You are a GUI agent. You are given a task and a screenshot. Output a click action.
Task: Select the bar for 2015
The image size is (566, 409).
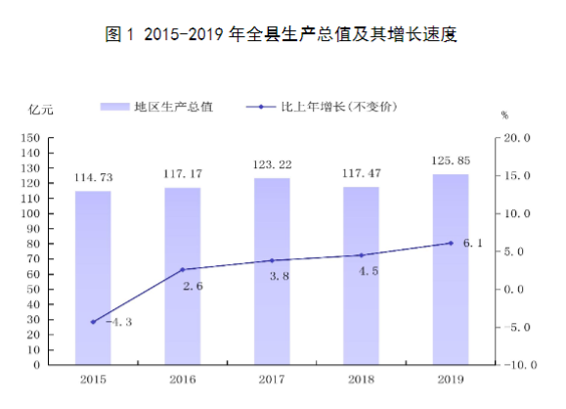tap(93, 278)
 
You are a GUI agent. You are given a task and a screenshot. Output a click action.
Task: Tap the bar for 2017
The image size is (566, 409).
tap(272, 271)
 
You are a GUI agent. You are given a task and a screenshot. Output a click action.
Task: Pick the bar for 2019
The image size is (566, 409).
tap(451, 269)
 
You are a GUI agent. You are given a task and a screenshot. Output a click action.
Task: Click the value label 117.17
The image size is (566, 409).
tap(183, 174)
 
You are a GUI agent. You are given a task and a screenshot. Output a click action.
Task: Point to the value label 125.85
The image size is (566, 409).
tap(451, 160)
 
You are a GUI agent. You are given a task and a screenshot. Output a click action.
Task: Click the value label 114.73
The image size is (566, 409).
tap(93, 177)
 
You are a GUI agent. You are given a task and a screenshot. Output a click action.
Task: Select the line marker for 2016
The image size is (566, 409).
tap(183, 269)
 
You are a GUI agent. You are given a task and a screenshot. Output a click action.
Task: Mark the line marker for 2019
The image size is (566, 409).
tap(451, 243)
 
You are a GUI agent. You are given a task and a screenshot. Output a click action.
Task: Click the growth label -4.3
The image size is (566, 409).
tap(115, 321)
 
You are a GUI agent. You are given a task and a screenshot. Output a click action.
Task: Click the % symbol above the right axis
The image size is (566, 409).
tap(504, 115)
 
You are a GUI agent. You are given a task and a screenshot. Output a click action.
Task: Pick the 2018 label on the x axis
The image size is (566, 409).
tap(361, 379)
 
